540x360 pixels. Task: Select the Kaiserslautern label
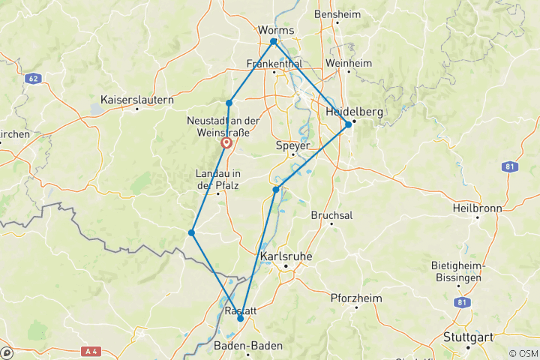click(137, 99)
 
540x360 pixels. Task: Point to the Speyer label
click(293, 145)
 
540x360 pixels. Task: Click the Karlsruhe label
click(284, 256)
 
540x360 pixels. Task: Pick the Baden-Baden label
click(248, 346)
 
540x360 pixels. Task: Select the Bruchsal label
click(332, 214)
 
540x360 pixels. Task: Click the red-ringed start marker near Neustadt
click(226, 142)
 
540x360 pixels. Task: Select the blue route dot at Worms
click(274, 41)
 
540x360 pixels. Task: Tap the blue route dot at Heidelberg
click(349, 124)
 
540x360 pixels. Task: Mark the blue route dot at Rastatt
click(240, 319)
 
